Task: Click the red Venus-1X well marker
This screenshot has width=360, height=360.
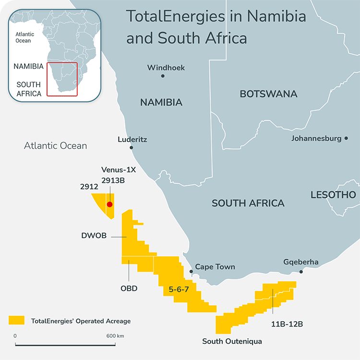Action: click(109, 204)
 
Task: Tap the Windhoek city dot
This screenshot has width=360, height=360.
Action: click(163, 76)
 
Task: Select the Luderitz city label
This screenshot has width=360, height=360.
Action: click(132, 140)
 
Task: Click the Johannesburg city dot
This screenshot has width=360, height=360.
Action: click(346, 139)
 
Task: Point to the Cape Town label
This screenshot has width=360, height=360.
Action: click(215, 266)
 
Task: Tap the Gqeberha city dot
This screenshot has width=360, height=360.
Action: click(301, 272)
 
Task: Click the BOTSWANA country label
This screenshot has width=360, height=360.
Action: click(268, 94)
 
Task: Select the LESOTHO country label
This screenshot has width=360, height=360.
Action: click(333, 194)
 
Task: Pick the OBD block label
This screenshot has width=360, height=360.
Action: click(129, 288)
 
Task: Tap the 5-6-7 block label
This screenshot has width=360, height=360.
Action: click(180, 289)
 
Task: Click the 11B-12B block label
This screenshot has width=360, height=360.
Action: click(287, 324)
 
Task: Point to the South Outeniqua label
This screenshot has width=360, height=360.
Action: click(232, 341)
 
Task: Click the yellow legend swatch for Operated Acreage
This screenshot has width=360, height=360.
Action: click(17, 320)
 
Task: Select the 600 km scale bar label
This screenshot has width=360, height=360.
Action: click(115, 336)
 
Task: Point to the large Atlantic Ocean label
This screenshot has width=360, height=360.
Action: click(55, 145)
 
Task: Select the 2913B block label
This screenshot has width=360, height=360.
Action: click(115, 181)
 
